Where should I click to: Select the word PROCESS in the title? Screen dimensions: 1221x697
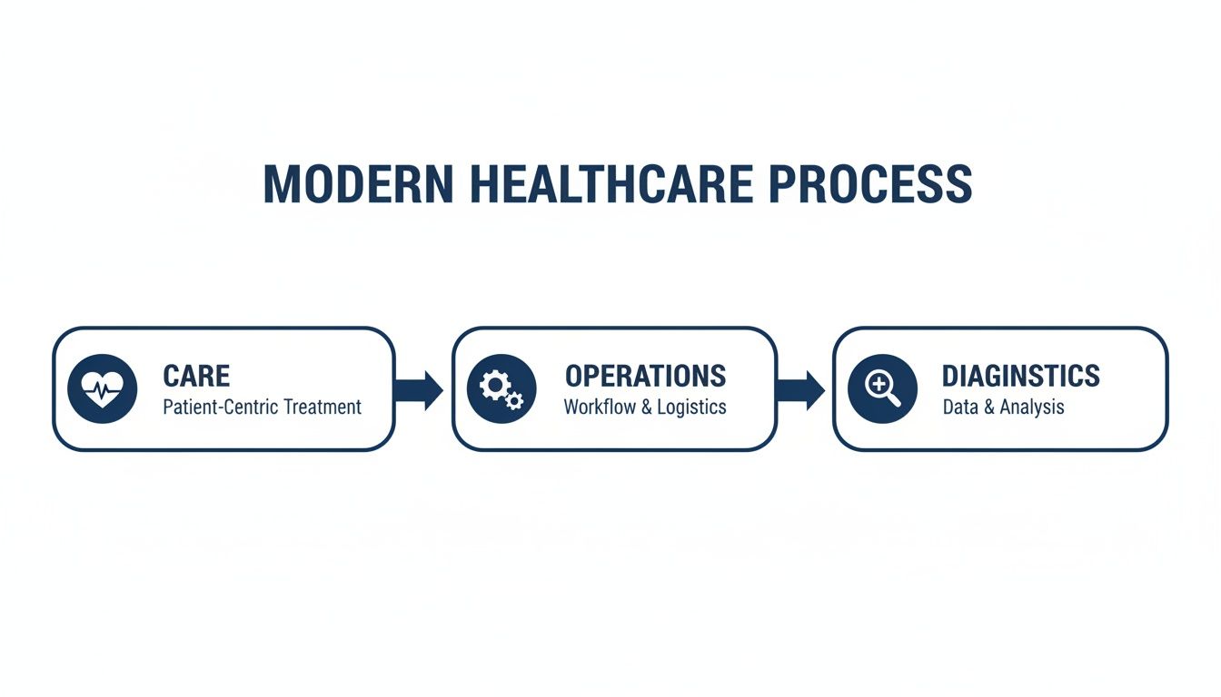(x=869, y=184)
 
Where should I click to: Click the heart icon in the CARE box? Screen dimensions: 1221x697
(x=103, y=389)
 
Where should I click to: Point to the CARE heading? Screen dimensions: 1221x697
(x=196, y=376)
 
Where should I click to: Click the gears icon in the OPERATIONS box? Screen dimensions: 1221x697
(x=501, y=389)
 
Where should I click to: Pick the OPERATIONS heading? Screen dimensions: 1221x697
(x=645, y=376)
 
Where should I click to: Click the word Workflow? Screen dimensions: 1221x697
(x=600, y=407)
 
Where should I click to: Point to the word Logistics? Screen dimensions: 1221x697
(x=692, y=407)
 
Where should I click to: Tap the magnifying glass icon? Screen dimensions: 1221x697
(x=882, y=389)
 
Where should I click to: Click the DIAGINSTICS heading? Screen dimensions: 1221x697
(x=1020, y=376)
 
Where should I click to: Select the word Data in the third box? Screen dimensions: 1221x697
(x=960, y=407)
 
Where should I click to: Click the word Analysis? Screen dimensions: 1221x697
(x=1032, y=407)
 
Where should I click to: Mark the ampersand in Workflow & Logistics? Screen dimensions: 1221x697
(x=647, y=407)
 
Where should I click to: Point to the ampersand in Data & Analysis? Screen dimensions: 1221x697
(x=989, y=407)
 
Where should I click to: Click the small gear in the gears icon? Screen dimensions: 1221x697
(x=514, y=400)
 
